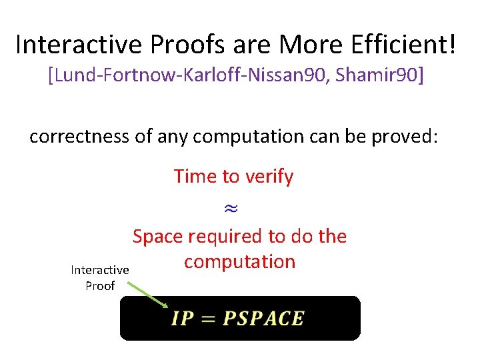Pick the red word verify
[x=269, y=177]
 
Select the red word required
[x=224, y=236]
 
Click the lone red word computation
[x=239, y=261]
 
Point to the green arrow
[x=148, y=295]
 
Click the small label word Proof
[x=100, y=285]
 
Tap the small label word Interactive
[x=100, y=270]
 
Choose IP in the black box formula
[x=183, y=319]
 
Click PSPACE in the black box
[x=263, y=319]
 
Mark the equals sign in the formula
[x=209, y=319]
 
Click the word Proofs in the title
[x=176, y=45]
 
